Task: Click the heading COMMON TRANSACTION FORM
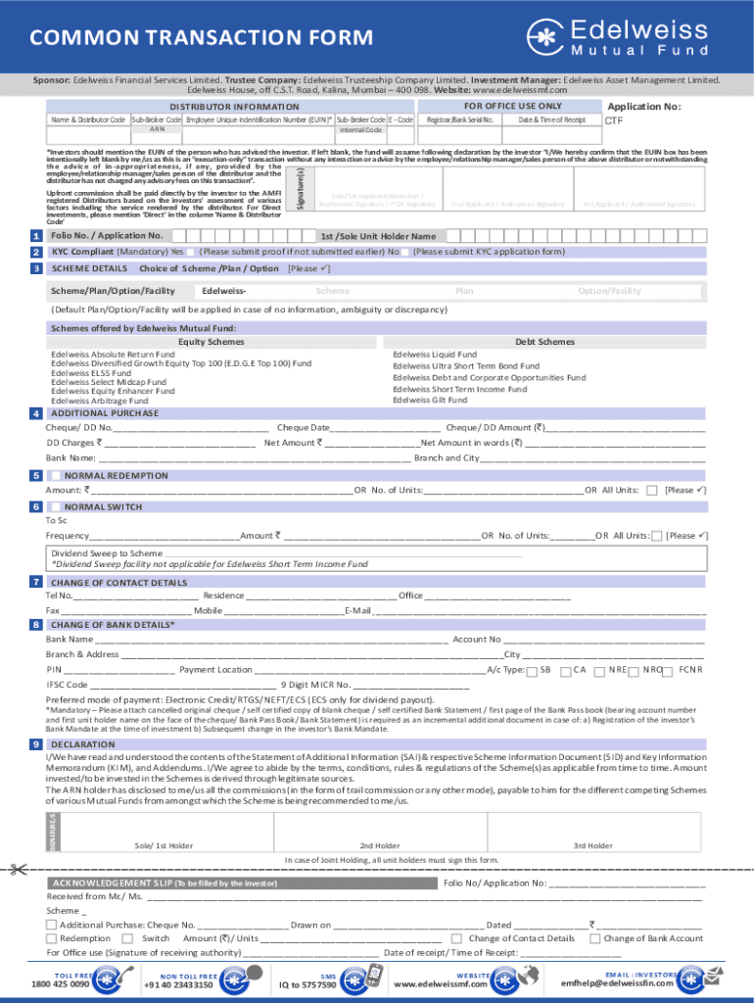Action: pos(201,38)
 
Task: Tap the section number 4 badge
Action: pos(35,413)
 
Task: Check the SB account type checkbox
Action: pos(532,671)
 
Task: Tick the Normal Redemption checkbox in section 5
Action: pos(55,475)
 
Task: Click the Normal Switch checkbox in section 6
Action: pos(55,506)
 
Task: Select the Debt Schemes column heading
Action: pos(544,342)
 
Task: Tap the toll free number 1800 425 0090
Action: pos(60,984)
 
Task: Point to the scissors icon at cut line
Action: pos(18,840)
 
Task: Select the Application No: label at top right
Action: pos(643,107)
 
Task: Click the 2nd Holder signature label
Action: pos(379,818)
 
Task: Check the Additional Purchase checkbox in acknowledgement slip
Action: pos(51,925)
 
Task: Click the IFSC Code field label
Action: pos(68,685)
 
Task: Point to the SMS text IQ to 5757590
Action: pos(307,984)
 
